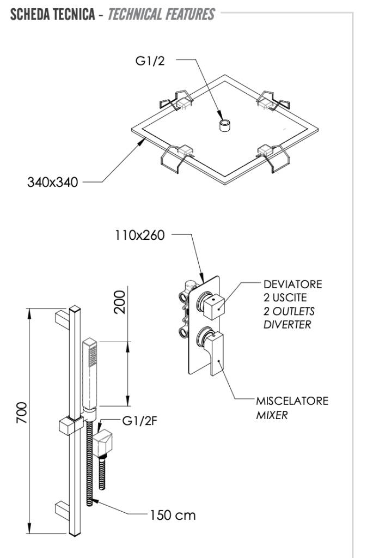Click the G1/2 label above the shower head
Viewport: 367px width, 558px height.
pyautogui.click(x=150, y=61)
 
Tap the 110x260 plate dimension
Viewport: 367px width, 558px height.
pyautogui.click(x=139, y=236)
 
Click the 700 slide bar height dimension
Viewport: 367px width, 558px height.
pyautogui.click(x=21, y=415)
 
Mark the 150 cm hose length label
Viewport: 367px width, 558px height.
pyautogui.click(x=173, y=515)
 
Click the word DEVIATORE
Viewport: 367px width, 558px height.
pyautogui.click(x=292, y=284)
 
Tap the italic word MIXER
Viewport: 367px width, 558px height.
pyautogui.click(x=272, y=415)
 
